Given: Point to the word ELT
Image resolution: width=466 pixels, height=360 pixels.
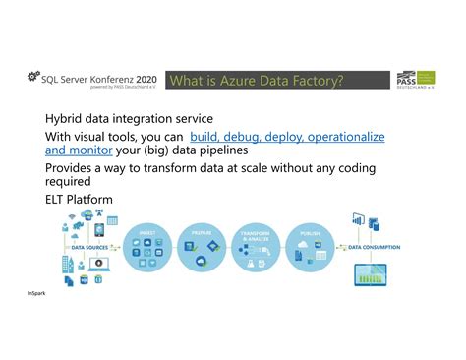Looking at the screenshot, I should (x=58, y=199).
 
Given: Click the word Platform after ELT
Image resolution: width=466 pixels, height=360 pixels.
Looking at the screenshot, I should (x=95, y=199).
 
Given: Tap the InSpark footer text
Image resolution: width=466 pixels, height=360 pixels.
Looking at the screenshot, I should (x=36, y=293).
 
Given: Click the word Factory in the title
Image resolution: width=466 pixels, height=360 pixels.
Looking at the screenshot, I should (x=315, y=80).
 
